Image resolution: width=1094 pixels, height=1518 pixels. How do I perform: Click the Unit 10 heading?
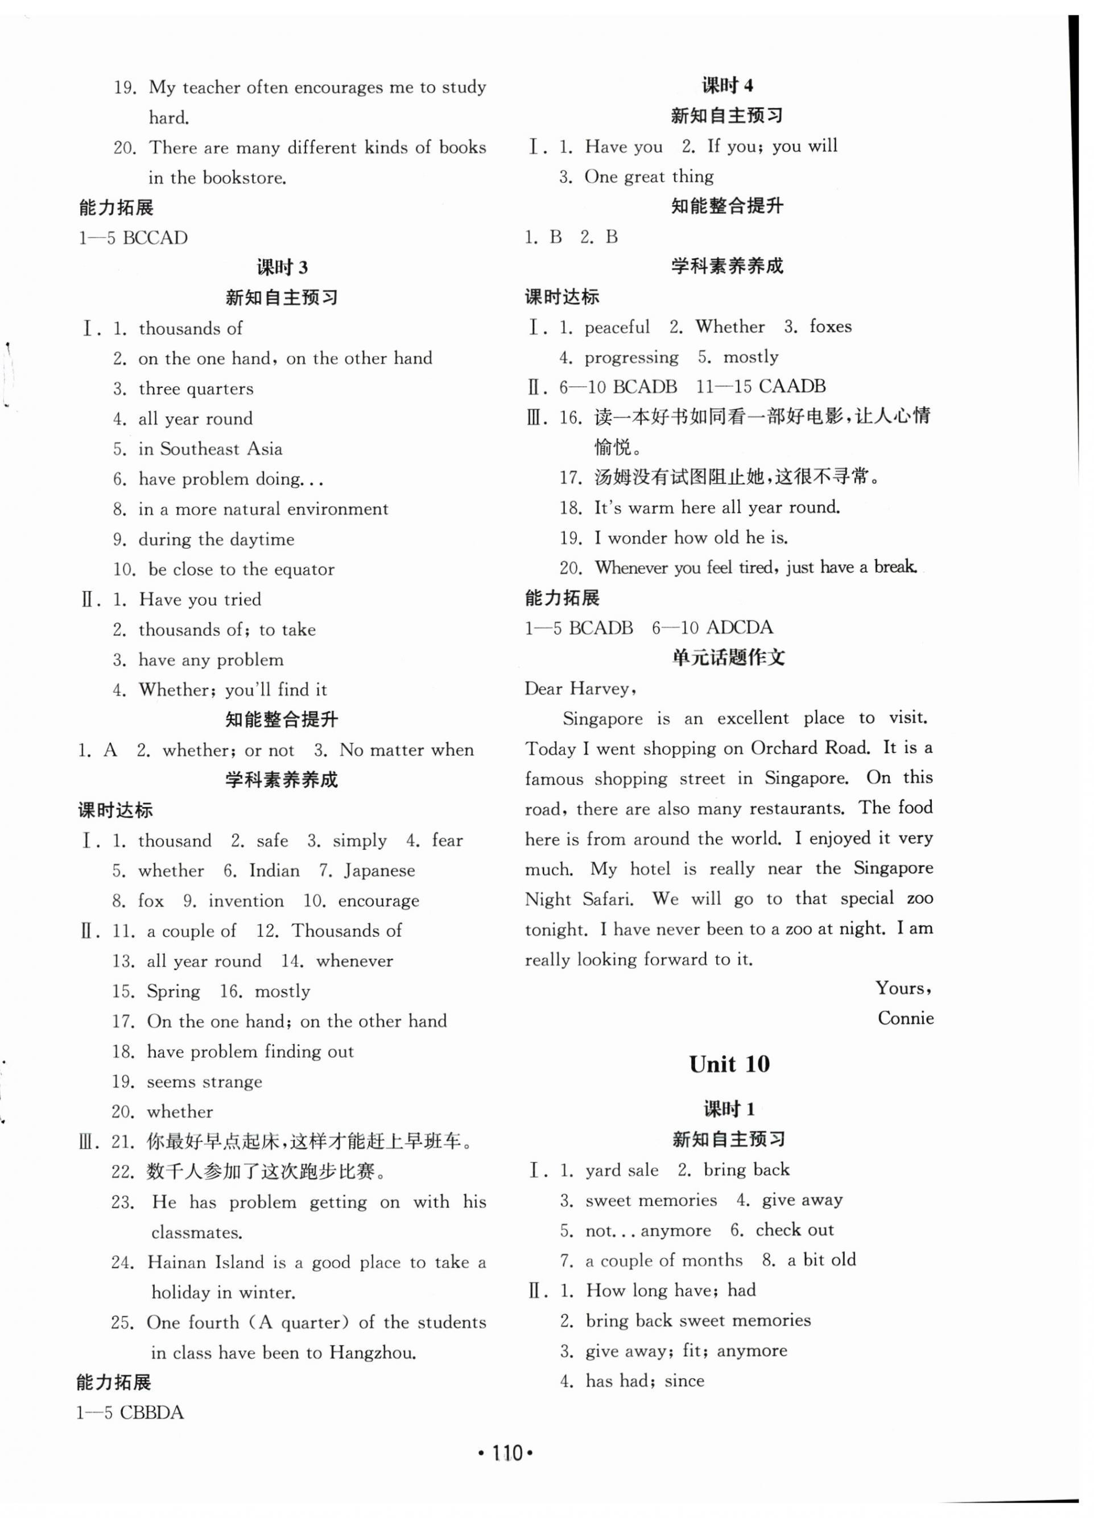tap(729, 1064)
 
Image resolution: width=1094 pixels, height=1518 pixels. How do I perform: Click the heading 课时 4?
tap(727, 86)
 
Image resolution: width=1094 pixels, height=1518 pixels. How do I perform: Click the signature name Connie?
tap(905, 1018)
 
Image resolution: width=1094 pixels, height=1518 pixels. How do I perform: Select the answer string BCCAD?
tap(155, 238)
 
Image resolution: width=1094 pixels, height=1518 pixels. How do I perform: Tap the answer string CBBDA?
tap(151, 1412)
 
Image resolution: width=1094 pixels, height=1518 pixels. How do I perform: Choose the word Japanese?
tap(379, 870)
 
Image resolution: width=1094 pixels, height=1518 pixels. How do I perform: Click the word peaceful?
tap(617, 326)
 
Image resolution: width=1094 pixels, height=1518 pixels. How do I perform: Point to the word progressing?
tap(631, 357)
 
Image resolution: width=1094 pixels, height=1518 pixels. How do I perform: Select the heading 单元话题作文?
tap(728, 657)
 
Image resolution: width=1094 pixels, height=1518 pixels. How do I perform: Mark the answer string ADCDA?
tap(739, 627)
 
